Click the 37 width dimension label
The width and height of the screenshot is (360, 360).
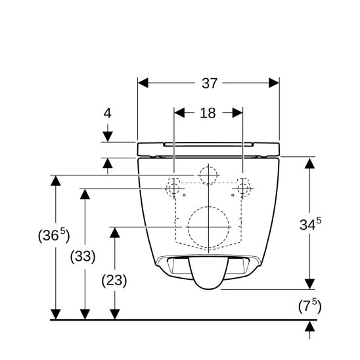click(x=210, y=83)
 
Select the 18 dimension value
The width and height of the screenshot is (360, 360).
click(x=208, y=113)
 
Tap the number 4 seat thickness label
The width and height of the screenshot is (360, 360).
click(x=108, y=113)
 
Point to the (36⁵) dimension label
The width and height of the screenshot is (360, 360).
click(x=54, y=235)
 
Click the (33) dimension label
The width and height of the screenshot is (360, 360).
click(x=83, y=256)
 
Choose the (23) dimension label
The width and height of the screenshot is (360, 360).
click(x=114, y=281)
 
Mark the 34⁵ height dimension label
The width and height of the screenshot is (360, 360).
click(x=311, y=223)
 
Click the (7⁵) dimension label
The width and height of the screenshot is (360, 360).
click(x=309, y=306)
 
